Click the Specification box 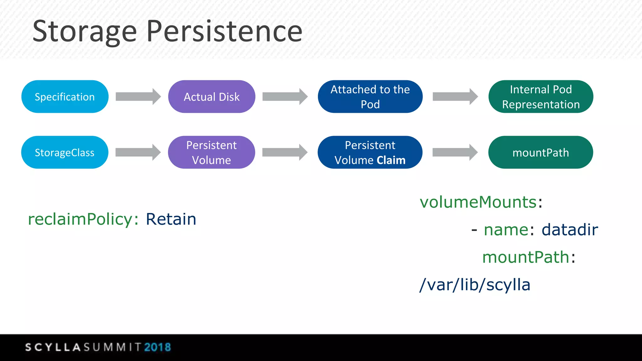(x=65, y=97)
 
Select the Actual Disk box (x=212, y=97)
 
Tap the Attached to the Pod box (x=370, y=97)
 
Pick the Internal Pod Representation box (x=540, y=97)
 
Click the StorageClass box (x=65, y=152)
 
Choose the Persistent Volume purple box (x=211, y=152)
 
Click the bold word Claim (x=391, y=160)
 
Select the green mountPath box (x=540, y=152)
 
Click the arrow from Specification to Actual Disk (x=138, y=97)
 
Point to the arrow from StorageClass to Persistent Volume (x=138, y=152)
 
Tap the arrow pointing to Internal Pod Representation (x=455, y=97)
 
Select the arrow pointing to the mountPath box (x=455, y=152)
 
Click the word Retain (x=171, y=219)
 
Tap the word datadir (x=570, y=230)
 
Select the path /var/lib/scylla (x=475, y=285)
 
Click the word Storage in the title (x=85, y=31)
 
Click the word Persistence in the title (x=224, y=31)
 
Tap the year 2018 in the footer (x=157, y=347)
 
